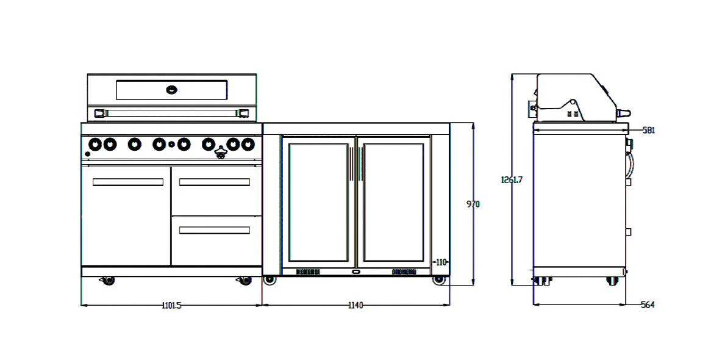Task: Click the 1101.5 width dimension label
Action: [x=171, y=306]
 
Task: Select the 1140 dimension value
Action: [x=355, y=306]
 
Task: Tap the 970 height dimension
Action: [x=473, y=204]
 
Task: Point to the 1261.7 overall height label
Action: [x=512, y=179]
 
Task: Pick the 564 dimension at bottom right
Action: [x=648, y=305]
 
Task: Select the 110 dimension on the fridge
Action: [x=441, y=262]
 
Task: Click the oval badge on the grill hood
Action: [x=172, y=90]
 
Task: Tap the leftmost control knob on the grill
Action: [x=95, y=144]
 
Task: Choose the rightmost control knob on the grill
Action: [x=248, y=144]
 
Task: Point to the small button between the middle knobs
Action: [x=171, y=145]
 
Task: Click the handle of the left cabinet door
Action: [x=127, y=182]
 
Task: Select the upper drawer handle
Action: [x=214, y=182]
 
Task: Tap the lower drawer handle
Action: [x=214, y=230]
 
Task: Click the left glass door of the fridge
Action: [x=318, y=203]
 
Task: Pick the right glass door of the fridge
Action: [x=393, y=203]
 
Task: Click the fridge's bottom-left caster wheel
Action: [x=269, y=279]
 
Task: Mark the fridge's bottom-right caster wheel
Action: [x=438, y=279]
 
